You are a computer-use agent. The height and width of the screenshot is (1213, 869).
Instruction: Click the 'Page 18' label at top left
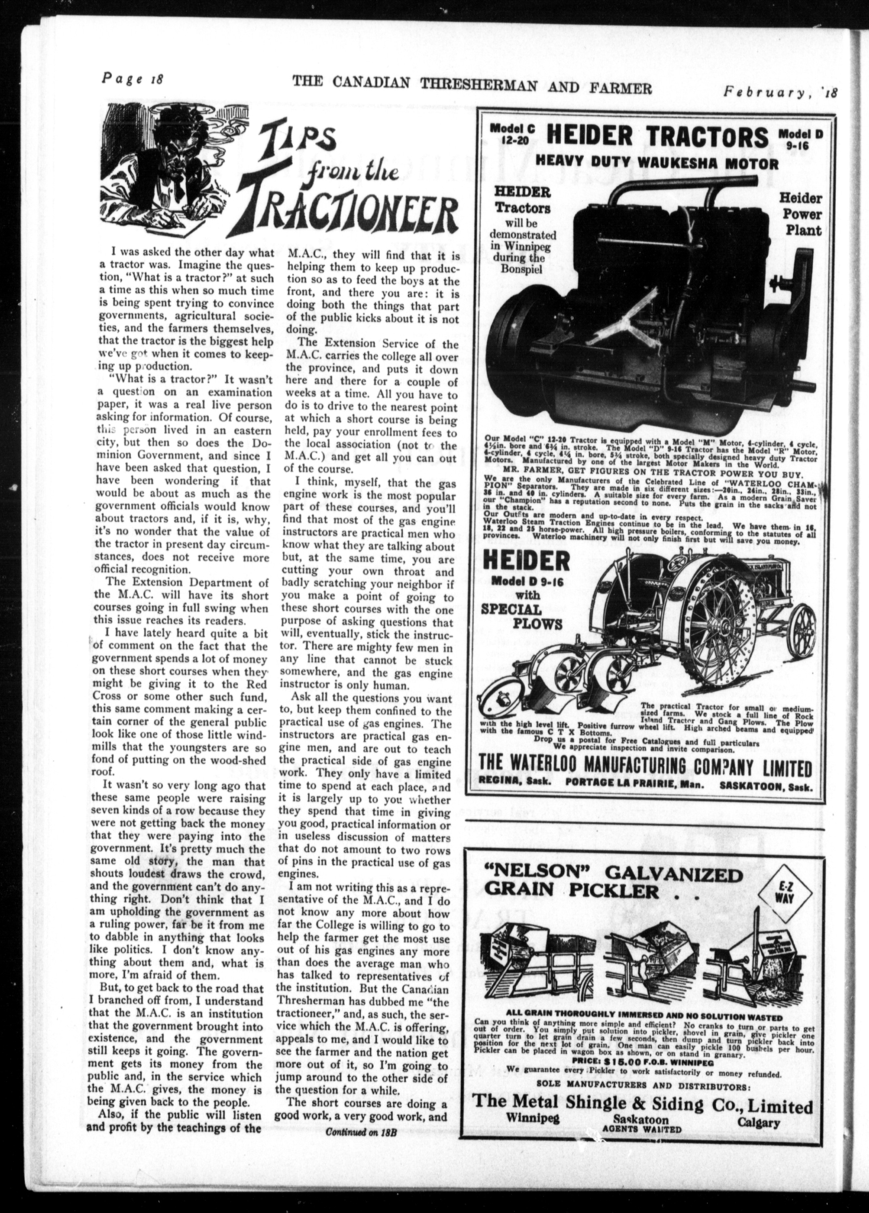[132, 79]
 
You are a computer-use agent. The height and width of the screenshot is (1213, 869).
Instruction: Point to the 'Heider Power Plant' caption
[799, 214]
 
